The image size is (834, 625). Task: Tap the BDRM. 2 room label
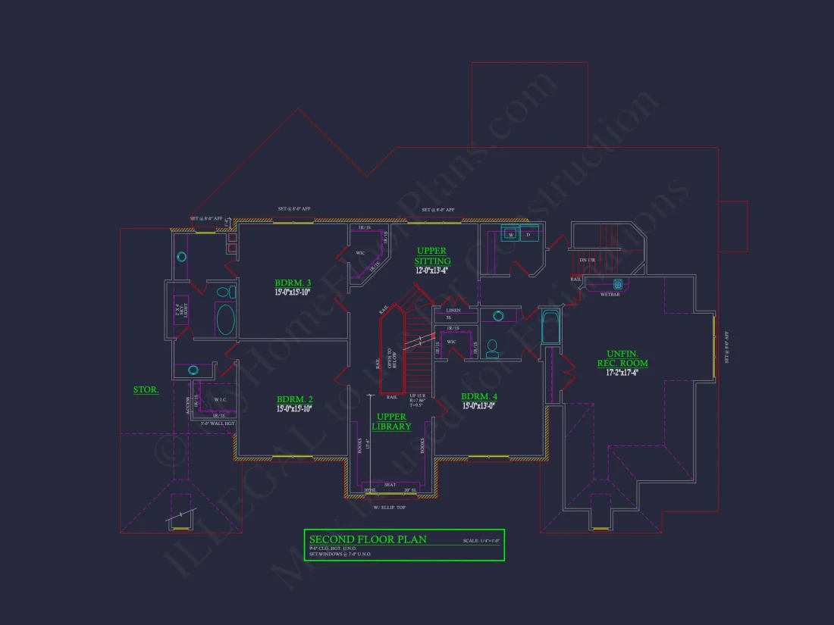coord(293,399)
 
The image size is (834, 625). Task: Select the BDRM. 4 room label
coord(479,396)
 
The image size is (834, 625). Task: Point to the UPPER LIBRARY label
coord(392,421)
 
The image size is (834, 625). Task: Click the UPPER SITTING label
coord(431,256)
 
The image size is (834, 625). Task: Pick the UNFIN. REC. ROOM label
coord(622,358)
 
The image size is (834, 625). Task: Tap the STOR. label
coord(146,390)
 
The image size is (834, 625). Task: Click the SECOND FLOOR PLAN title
coord(368,539)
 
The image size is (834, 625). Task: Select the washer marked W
coord(510,236)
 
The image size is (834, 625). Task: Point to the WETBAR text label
coord(610,294)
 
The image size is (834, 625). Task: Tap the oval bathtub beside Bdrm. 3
coord(226,320)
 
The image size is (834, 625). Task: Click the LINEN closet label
coord(453,311)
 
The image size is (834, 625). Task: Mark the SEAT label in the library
coord(390,485)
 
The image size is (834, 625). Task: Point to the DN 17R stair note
coord(587,261)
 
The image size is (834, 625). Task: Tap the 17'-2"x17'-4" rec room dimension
coord(622,372)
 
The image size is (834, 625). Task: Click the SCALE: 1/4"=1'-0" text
coord(481,541)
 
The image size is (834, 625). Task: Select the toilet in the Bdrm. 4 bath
coord(493,348)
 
